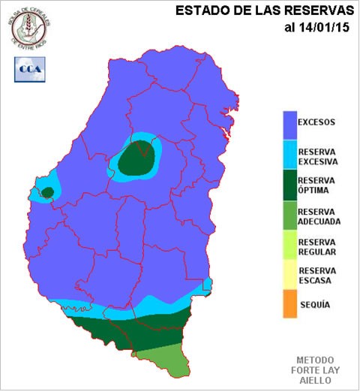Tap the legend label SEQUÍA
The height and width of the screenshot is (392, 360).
coord(315,305)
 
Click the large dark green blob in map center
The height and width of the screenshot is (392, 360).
coord(138,158)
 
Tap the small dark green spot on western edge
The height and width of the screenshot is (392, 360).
coord(47,193)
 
